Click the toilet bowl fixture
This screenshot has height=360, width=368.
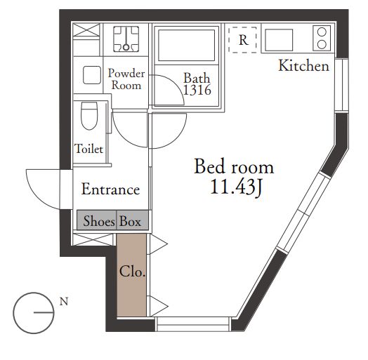(89, 116)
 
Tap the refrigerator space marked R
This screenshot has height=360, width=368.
(243, 40)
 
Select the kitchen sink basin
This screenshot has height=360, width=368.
(279, 40)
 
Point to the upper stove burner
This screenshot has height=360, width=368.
(322, 32)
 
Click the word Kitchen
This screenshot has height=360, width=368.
(303, 65)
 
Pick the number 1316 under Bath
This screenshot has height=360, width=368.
(197, 90)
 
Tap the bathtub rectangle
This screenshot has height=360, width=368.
(187, 46)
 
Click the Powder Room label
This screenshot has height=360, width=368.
(126, 79)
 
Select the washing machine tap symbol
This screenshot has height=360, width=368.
(126, 39)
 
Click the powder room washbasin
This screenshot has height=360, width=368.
(92, 75)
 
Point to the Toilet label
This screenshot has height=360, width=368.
(88, 149)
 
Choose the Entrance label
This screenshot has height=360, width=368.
(110, 189)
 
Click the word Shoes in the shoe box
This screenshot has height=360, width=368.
(99, 221)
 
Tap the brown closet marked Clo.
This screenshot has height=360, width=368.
(131, 275)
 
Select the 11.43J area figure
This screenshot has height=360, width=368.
(236, 187)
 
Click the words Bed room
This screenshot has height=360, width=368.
(234, 166)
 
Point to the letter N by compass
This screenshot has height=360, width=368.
(64, 301)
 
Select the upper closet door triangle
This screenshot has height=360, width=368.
(159, 244)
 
